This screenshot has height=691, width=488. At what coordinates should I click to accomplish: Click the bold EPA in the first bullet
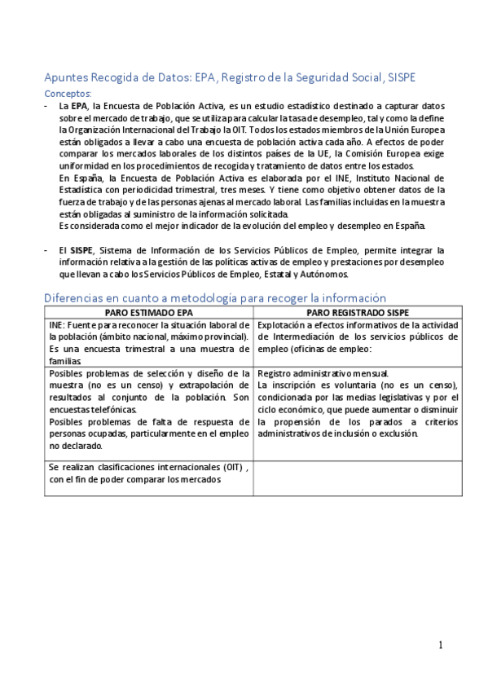coord(79,106)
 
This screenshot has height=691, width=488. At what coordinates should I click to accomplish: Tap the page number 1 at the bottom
coord(440,645)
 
